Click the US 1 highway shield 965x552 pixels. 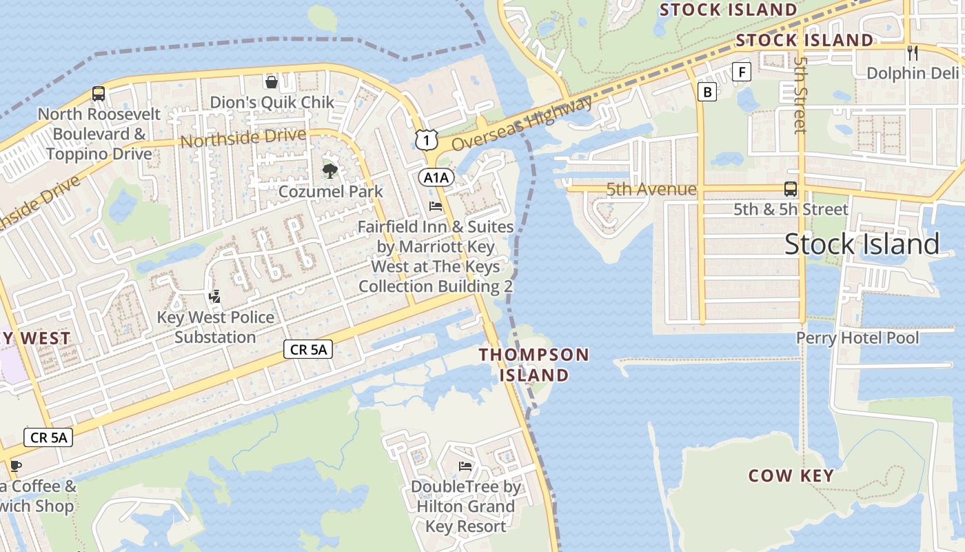tap(427, 140)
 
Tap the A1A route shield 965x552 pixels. tap(436, 177)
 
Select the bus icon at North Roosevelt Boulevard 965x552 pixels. tap(99, 94)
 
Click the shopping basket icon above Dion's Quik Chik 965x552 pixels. tap(272, 82)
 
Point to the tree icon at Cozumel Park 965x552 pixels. tap(329, 170)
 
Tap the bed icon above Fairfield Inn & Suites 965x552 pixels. tap(435, 206)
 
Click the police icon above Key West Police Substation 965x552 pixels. tap(215, 297)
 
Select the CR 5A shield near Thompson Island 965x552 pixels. tap(308, 350)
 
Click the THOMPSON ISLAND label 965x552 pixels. tap(534, 365)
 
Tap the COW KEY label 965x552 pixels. tap(791, 475)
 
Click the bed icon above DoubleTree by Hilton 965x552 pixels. tap(465, 466)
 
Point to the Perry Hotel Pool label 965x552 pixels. tap(857, 338)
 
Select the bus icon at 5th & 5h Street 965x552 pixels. tap(791, 188)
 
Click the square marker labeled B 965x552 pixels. tap(707, 91)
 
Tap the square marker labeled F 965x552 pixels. tap(741, 72)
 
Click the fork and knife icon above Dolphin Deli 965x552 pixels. tap(913, 52)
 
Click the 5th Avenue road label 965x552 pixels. tap(651, 189)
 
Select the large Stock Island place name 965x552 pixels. tap(862, 244)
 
